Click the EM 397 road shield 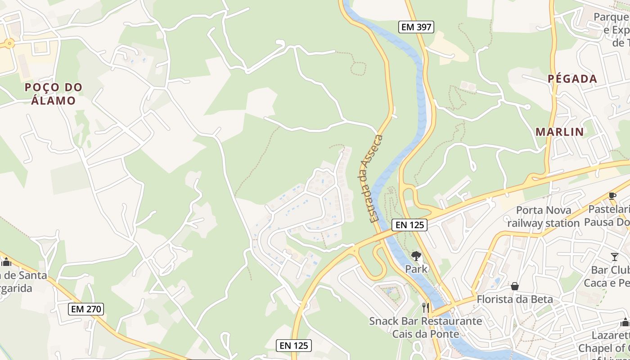pyautogui.click(x=416, y=27)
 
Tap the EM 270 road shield pyautogui.click(x=86, y=309)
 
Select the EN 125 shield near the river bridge pyautogui.click(x=409, y=225)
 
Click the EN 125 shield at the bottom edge pyautogui.click(x=293, y=346)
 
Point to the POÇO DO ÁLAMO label pyautogui.click(x=54, y=94)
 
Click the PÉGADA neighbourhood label pyautogui.click(x=572, y=79)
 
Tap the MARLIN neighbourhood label pyautogui.click(x=559, y=132)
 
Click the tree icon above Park pyautogui.click(x=416, y=256)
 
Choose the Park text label pyautogui.click(x=416, y=269)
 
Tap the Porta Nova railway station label pyautogui.click(x=544, y=216)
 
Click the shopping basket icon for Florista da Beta pyautogui.click(x=515, y=286)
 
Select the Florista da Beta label pyautogui.click(x=515, y=299)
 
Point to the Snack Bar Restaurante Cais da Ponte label pyautogui.click(x=425, y=328)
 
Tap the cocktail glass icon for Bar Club pyautogui.click(x=615, y=257)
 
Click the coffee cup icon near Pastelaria pyautogui.click(x=612, y=196)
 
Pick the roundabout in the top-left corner pyautogui.click(x=9, y=44)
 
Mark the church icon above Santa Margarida pyautogui.click(x=6, y=262)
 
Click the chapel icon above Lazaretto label pyautogui.click(x=625, y=322)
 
